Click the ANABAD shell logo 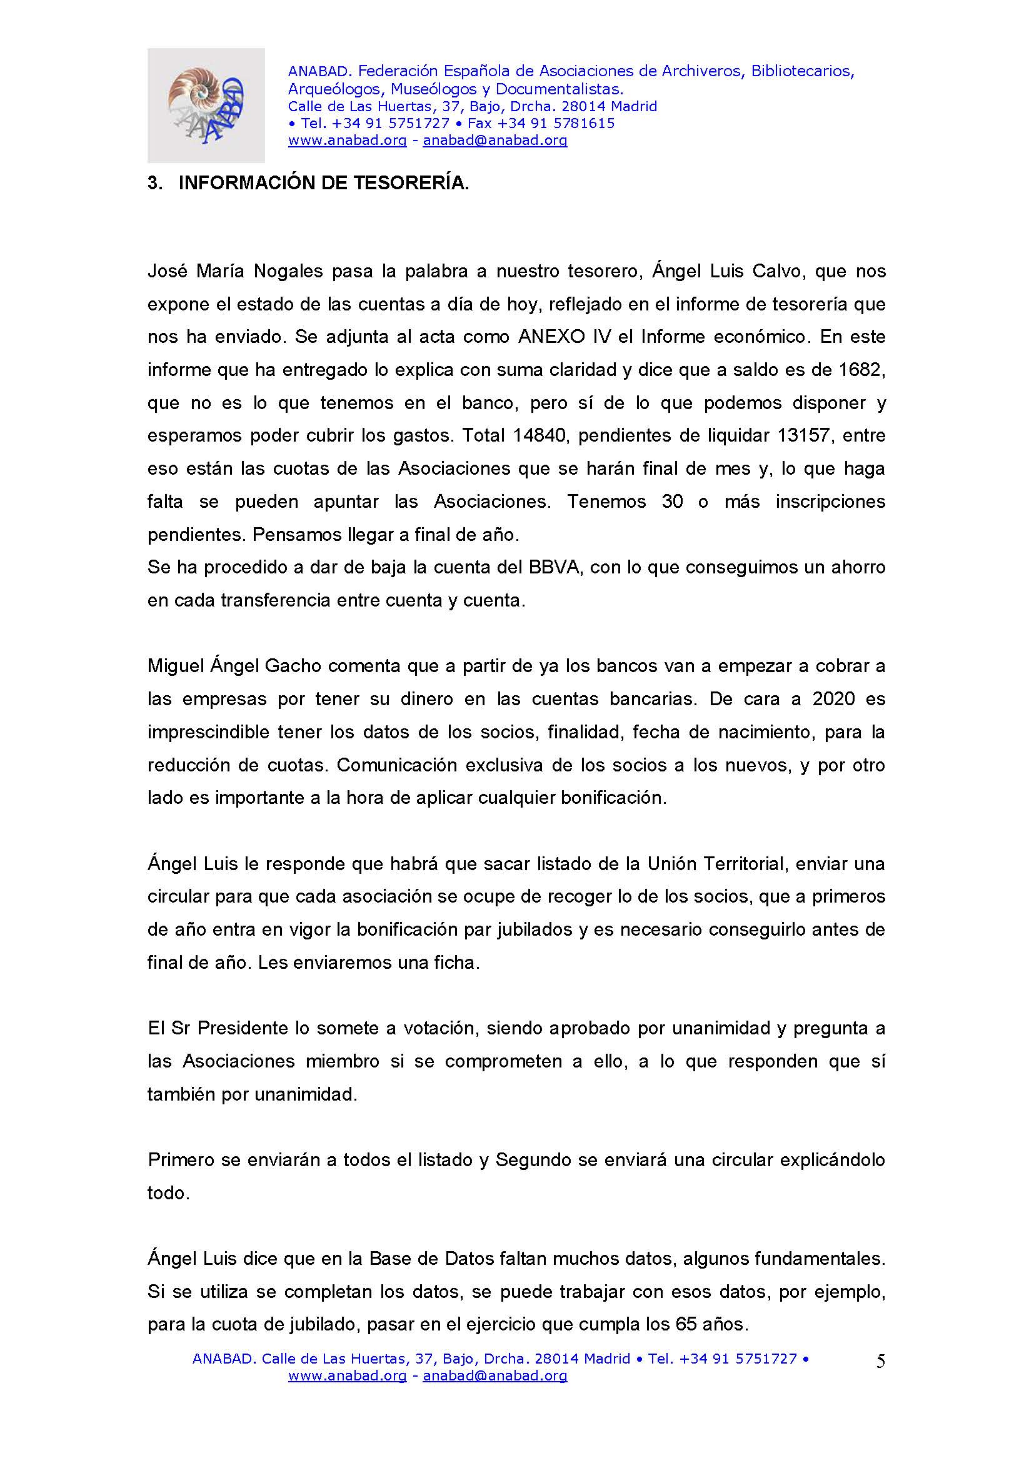click(x=206, y=105)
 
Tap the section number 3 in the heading click(x=153, y=183)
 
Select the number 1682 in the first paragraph click(x=861, y=370)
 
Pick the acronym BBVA click(x=554, y=567)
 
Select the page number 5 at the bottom click(x=881, y=1362)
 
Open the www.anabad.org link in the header click(x=347, y=141)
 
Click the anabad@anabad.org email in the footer click(x=494, y=1375)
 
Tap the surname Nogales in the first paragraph click(x=285, y=271)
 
